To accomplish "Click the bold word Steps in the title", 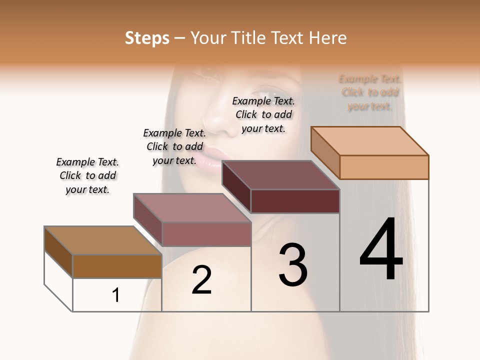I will (x=147, y=38).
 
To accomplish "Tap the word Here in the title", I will (x=328, y=38).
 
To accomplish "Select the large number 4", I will (x=381, y=249).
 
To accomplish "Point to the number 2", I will (x=201, y=280).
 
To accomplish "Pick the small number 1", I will (x=116, y=295).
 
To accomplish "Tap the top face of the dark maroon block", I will (x=280, y=175).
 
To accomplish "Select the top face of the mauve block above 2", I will (x=192, y=208).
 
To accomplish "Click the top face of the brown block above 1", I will (x=103, y=240).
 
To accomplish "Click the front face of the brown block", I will (x=117, y=266).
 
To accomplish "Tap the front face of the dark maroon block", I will (x=295, y=201).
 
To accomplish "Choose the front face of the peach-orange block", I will (x=384, y=167).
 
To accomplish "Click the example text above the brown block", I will (x=87, y=175).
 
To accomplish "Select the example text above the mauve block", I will (x=174, y=146).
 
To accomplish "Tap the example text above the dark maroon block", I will (x=263, y=114).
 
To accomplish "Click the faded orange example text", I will (x=370, y=92).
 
